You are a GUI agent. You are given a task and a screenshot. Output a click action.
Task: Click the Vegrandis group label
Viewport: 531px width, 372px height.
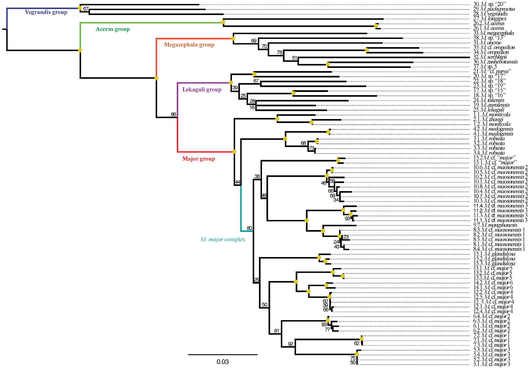coord(46,12)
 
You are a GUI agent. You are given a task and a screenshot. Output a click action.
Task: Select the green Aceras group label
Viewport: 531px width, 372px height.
coord(113,29)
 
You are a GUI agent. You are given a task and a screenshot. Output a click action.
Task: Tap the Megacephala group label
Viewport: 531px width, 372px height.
coord(189,45)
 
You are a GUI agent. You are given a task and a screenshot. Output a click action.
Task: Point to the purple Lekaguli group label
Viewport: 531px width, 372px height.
coord(202,90)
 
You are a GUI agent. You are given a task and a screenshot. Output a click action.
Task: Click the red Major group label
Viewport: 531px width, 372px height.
coord(198,159)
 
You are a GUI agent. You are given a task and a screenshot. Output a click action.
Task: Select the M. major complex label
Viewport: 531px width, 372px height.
coord(223,240)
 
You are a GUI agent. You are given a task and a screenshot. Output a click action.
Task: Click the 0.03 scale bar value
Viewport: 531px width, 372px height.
coord(222,362)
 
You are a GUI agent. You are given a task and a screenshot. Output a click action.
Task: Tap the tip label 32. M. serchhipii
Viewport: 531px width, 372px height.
coord(490,57)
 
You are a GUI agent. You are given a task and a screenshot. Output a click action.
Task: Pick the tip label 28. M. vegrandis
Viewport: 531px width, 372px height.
coord(490,14)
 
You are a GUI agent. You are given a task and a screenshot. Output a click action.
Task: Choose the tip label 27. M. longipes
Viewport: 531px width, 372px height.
coord(490,19)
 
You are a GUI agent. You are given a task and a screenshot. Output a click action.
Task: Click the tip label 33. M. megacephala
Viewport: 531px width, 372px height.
coord(493,33)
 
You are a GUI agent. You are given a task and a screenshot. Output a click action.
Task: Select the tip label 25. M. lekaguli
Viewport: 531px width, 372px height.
coord(488,110)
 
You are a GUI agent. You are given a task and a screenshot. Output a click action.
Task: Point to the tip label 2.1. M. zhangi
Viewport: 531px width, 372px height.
coord(488,120)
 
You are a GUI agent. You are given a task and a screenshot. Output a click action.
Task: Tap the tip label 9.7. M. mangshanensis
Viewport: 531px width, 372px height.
coord(495,225)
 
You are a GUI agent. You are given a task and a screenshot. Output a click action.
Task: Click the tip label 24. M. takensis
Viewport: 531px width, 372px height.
coord(488,100)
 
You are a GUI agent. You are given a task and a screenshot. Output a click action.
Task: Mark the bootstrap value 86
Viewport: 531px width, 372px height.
coord(173,114)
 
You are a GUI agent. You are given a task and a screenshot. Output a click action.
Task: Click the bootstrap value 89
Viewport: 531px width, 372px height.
coord(254,41)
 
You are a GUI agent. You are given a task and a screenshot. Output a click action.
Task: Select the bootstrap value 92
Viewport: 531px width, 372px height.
coord(291,344)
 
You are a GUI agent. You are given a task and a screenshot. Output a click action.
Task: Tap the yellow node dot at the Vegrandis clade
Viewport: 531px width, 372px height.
coord(80,8)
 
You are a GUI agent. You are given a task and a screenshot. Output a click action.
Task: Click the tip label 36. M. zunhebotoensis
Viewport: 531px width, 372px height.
coord(495,62)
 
